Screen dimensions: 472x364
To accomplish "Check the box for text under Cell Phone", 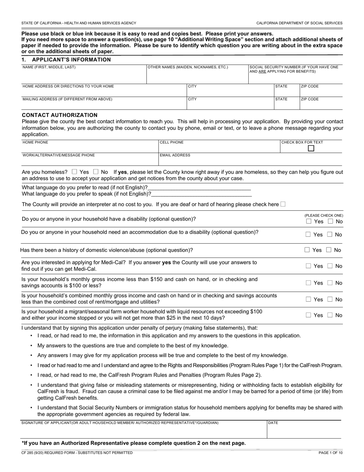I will [311, 148].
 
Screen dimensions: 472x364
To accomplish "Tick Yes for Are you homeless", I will [74, 172].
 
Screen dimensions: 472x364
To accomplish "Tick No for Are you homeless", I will [96, 172].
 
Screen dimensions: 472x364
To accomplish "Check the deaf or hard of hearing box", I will [283, 204].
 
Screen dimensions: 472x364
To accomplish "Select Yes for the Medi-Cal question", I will [308, 266].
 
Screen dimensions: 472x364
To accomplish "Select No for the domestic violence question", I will [329, 250].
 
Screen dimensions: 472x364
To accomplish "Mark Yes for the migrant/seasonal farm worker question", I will [308, 315].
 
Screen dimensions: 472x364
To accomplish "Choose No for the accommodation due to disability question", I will [330, 234].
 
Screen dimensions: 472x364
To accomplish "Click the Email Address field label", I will [175, 155].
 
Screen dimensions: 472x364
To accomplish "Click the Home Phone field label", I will [35, 142].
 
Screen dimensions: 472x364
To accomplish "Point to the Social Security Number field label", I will [294, 69].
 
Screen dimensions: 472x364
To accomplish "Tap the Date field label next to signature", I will [273, 423].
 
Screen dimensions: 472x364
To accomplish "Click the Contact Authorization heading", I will [59, 115].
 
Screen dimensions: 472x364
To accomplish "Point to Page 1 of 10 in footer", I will [330, 453].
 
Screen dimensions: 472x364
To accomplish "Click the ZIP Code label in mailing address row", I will [310, 99].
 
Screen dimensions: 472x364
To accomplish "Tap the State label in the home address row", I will [281, 86].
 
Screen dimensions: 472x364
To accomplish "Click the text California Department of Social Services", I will [299, 23].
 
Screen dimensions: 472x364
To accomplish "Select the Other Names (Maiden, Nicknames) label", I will [188, 67].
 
